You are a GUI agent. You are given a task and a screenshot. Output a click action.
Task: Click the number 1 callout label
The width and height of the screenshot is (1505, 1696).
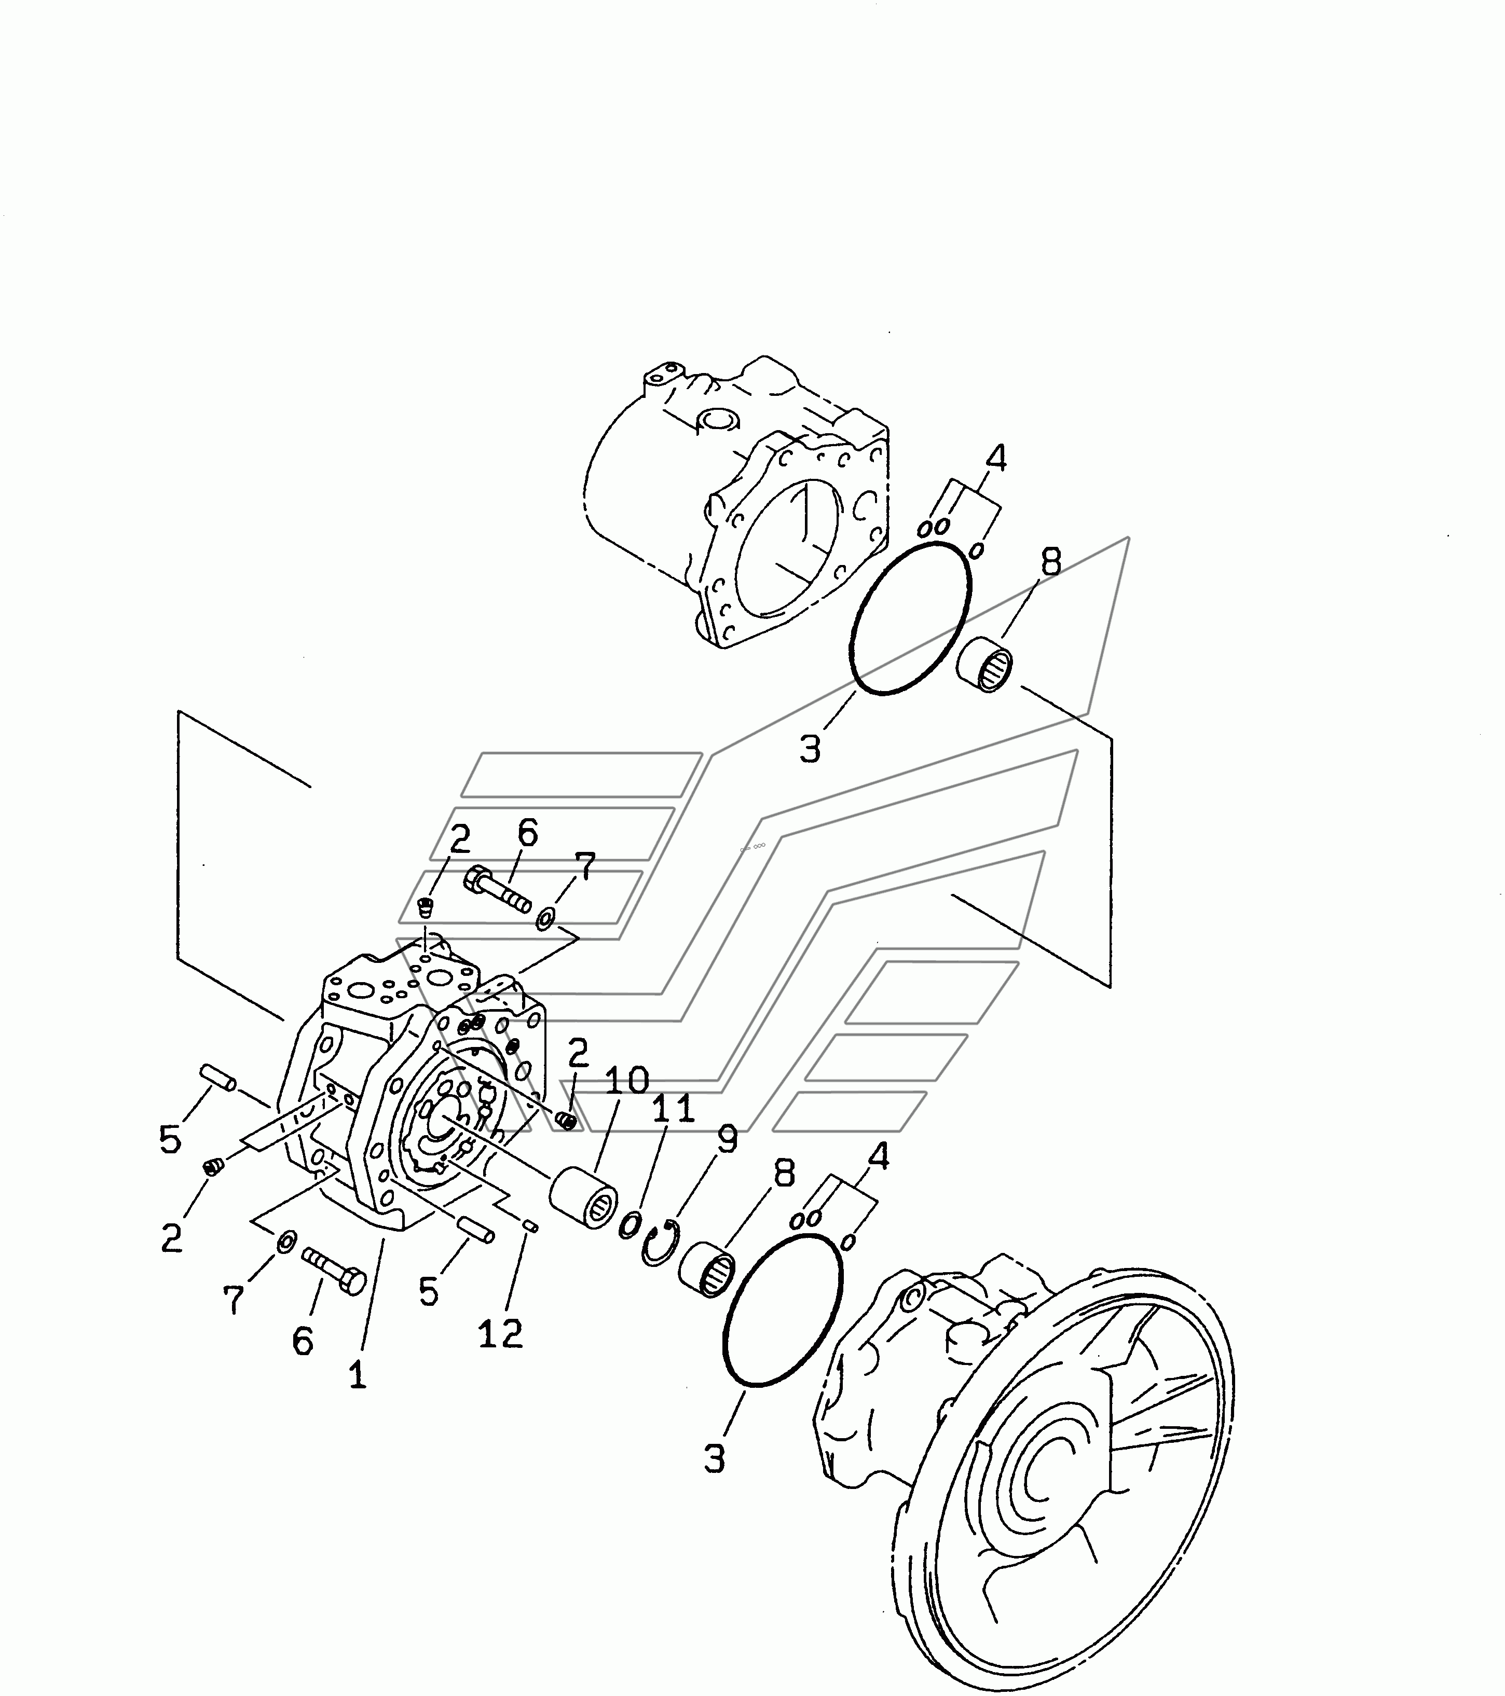(x=357, y=1376)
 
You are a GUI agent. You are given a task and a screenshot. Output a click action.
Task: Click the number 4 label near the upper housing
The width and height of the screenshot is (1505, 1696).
(x=996, y=457)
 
